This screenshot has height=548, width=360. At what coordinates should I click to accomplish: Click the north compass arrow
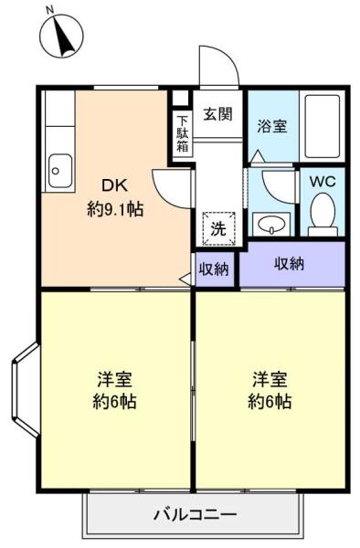[64, 37]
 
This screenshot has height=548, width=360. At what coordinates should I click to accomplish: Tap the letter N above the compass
[50, 10]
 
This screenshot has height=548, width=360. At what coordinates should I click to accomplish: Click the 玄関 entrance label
[218, 114]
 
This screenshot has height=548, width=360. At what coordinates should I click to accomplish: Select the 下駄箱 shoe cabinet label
[182, 133]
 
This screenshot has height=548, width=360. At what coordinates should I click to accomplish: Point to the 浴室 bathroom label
[272, 126]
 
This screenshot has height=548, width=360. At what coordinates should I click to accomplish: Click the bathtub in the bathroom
[322, 127]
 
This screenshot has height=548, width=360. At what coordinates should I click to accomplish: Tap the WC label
[323, 182]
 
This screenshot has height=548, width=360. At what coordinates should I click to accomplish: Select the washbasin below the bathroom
[271, 224]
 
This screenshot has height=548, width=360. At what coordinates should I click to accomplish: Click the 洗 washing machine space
[219, 228]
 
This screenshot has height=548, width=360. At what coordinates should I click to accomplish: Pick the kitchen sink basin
[60, 171]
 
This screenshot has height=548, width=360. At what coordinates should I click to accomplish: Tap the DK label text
[114, 185]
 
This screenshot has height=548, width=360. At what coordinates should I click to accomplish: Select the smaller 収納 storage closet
[214, 269]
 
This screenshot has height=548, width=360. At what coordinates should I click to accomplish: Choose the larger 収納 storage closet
[292, 264]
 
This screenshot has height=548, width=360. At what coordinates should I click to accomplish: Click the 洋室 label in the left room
[114, 380]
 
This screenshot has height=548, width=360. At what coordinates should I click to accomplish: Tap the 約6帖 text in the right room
[270, 401]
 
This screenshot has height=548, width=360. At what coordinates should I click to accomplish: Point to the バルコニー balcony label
[196, 515]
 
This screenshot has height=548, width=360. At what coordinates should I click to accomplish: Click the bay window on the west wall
[26, 390]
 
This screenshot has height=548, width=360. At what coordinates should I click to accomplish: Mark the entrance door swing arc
[228, 56]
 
